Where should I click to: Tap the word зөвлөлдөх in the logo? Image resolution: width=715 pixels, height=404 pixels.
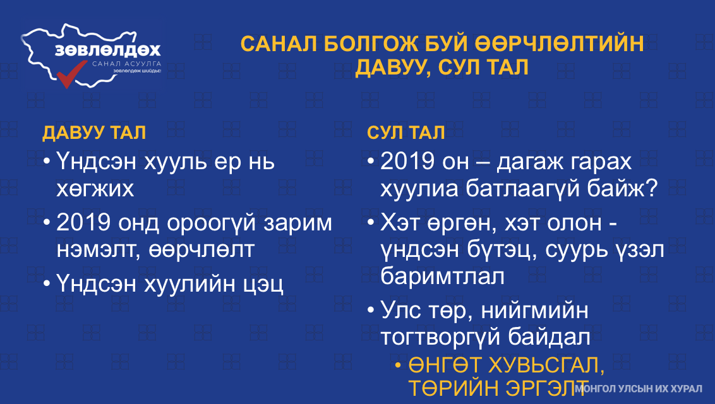tap(108, 50)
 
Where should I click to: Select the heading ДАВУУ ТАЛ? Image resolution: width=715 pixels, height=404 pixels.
tap(94, 133)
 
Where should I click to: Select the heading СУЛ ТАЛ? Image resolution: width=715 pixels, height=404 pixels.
tap(406, 133)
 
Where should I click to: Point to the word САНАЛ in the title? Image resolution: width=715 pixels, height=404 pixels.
tap(279, 44)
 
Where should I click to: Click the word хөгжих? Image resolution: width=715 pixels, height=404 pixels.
tap(95, 188)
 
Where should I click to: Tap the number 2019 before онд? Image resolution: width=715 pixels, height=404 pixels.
tap(84, 223)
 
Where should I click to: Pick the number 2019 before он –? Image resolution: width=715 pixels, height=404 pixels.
tap(408, 161)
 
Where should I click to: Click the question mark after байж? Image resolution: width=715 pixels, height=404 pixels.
tap(653, 188)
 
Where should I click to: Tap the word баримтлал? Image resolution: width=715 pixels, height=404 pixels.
tap(442, 276)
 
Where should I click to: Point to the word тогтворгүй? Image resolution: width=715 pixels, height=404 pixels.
tap(440, 337)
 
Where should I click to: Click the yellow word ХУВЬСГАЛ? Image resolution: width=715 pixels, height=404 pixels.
tap(546, 365)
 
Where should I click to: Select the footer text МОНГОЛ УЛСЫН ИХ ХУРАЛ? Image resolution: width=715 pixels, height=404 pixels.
tap(639, 388)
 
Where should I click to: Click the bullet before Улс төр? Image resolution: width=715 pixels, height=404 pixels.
tap(371, 311)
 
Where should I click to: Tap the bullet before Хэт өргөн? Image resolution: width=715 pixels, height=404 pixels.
tap(371, 223)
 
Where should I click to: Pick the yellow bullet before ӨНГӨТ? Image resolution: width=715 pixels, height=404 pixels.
tap(398, 365)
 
